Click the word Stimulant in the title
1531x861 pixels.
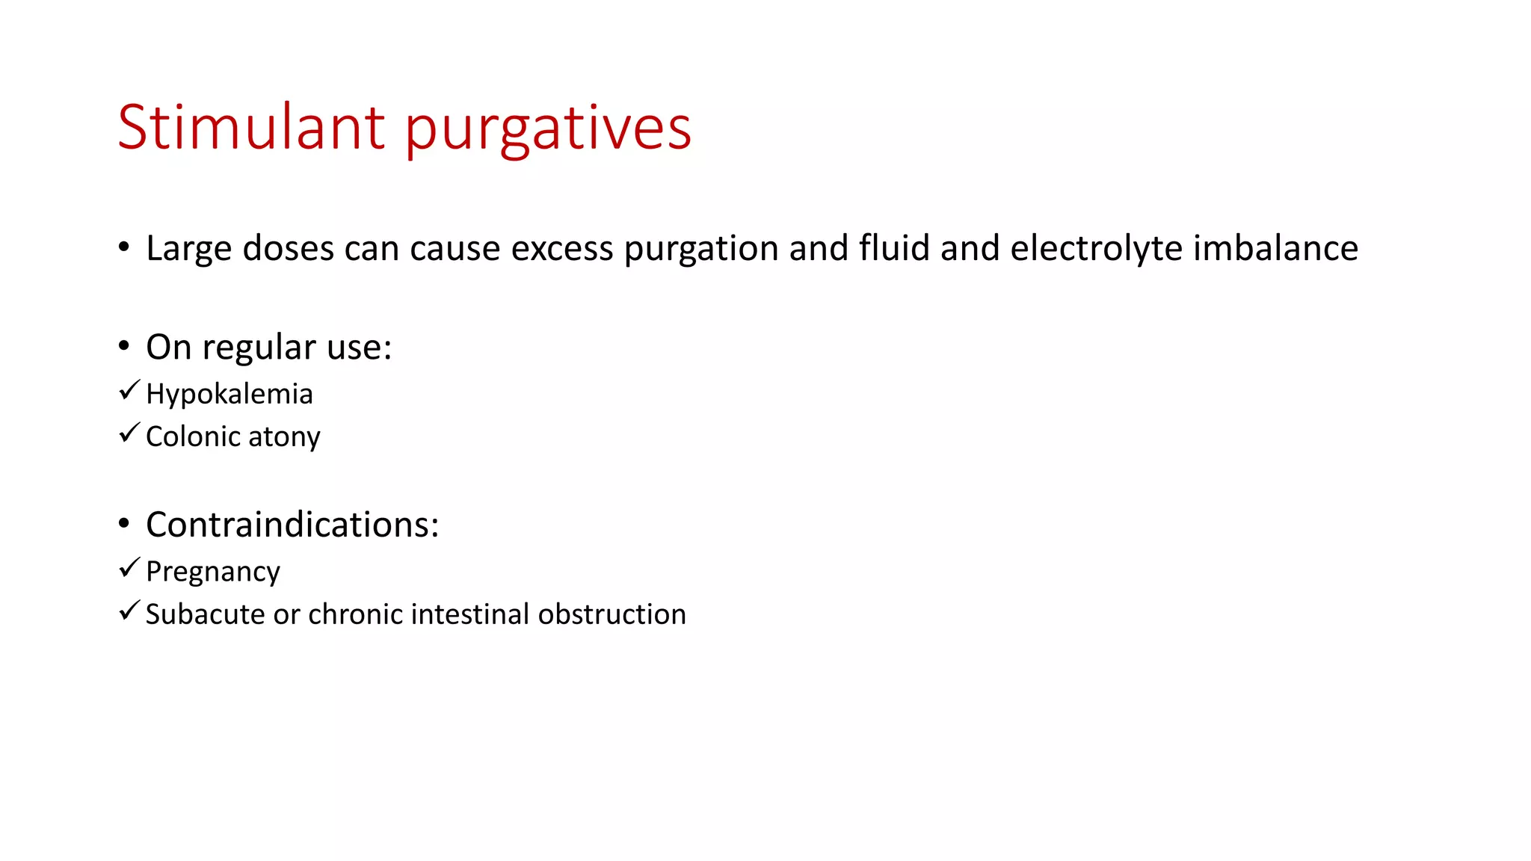[251, 127]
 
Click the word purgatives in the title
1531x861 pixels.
[548, 129]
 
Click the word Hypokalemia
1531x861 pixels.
[229, 395]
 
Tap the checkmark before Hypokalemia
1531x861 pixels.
[129, 390]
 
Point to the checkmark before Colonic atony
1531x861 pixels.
[129, 433]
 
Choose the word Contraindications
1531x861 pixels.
[292, 525]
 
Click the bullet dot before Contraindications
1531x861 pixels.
[124, 523]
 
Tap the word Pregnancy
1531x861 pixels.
[212, 573]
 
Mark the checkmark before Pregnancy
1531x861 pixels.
[129, 568]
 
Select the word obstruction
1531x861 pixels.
[612, 614]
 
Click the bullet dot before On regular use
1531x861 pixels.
[124, 345]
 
